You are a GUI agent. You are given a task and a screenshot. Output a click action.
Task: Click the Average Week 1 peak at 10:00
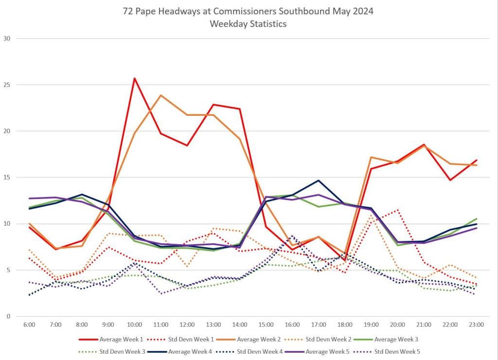click(134, 78)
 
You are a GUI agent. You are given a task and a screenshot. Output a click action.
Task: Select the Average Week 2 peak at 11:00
click(161, 95)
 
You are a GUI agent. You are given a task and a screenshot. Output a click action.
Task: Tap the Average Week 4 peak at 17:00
click(318, 180)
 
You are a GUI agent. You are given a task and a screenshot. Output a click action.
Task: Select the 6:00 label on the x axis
click(29, 324)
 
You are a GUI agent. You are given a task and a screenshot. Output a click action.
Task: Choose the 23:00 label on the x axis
click(475, 324)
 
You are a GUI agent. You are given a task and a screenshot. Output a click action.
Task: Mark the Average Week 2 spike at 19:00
click(371, 157)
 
